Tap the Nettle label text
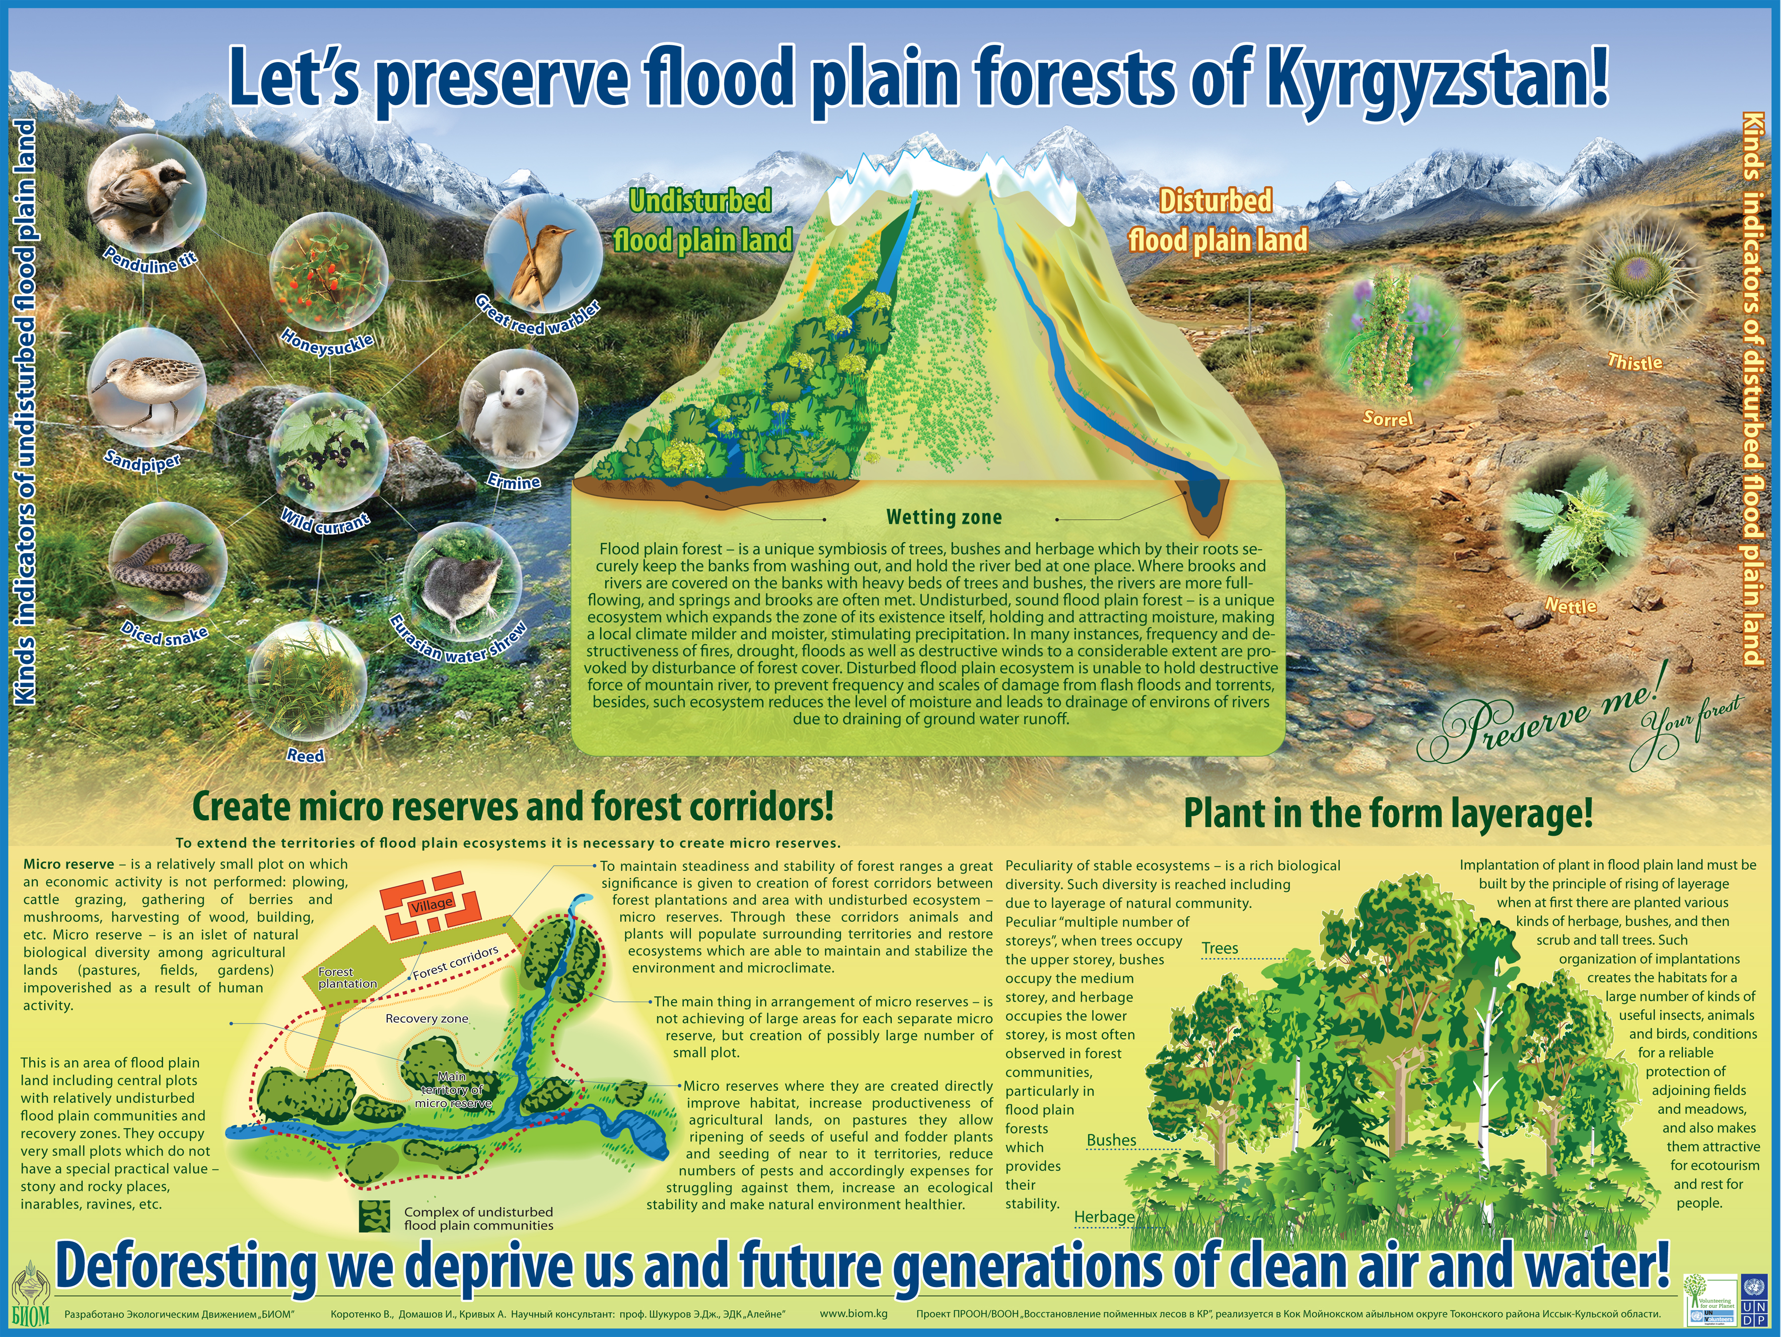1571,605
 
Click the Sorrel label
1387,418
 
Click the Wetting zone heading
944,517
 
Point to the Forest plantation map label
347,978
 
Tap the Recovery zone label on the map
426,1018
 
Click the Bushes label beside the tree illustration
1111,1140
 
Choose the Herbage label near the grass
1104,1217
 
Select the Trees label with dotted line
1220,948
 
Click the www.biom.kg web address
853,1313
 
